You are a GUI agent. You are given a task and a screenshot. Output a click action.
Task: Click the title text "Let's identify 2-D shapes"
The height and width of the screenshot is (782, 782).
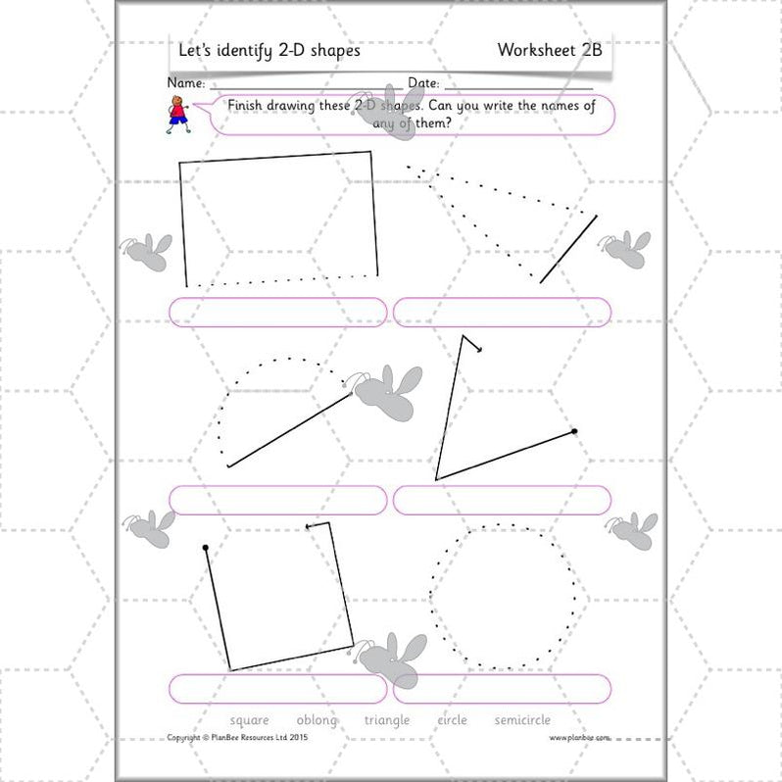269,50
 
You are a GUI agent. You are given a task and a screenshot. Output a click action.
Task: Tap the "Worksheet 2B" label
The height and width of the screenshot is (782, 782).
548,50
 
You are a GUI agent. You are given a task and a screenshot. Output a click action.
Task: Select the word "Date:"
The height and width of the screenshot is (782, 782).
423,84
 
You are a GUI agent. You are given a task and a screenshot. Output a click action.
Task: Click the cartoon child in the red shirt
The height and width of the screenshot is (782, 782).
177,114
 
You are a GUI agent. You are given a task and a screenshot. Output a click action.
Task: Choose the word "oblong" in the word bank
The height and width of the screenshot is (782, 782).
316,720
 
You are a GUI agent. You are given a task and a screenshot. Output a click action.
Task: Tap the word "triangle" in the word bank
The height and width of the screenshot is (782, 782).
387,720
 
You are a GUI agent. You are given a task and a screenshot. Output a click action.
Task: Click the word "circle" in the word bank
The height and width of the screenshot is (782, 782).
452,720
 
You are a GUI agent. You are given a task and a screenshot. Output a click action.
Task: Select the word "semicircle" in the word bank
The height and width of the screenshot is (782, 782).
522,720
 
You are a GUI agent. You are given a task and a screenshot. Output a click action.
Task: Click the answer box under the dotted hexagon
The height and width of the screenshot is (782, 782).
502,688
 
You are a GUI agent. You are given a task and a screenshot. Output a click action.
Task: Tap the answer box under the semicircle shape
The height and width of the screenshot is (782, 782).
278,500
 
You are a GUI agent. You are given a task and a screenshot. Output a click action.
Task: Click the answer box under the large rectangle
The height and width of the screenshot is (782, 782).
278,312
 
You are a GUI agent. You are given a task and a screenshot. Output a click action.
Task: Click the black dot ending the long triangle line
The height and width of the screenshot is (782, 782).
574,431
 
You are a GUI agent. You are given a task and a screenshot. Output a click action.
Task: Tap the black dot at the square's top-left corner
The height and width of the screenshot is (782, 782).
205,547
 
